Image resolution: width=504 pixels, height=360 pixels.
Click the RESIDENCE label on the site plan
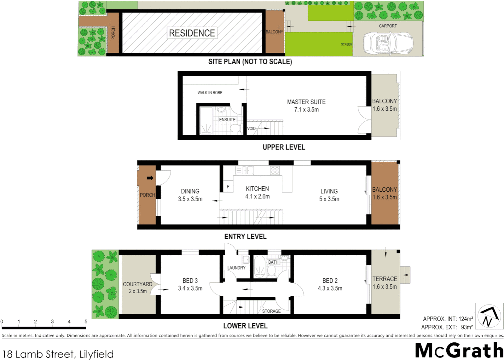192,33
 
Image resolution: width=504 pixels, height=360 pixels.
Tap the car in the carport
388,43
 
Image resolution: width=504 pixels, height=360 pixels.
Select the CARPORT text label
388,26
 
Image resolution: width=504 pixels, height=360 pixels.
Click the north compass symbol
489,316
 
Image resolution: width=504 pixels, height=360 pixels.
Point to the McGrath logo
459,350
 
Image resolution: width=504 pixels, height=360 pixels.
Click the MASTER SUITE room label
306,102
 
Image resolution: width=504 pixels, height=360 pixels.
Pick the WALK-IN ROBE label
210,93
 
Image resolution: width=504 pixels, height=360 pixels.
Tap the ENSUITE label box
227,120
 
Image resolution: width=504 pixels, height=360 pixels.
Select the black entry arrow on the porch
150,178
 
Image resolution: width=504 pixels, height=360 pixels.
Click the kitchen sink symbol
245,171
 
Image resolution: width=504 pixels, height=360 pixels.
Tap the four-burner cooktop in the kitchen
275,171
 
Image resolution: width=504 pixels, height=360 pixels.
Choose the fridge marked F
228,187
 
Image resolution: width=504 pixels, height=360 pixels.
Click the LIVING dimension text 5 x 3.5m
329,199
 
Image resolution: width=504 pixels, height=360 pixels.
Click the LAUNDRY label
236,268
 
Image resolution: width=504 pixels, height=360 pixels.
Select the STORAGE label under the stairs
271,311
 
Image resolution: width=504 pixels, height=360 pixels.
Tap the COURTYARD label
138,284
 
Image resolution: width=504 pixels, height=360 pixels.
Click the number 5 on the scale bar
86,322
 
